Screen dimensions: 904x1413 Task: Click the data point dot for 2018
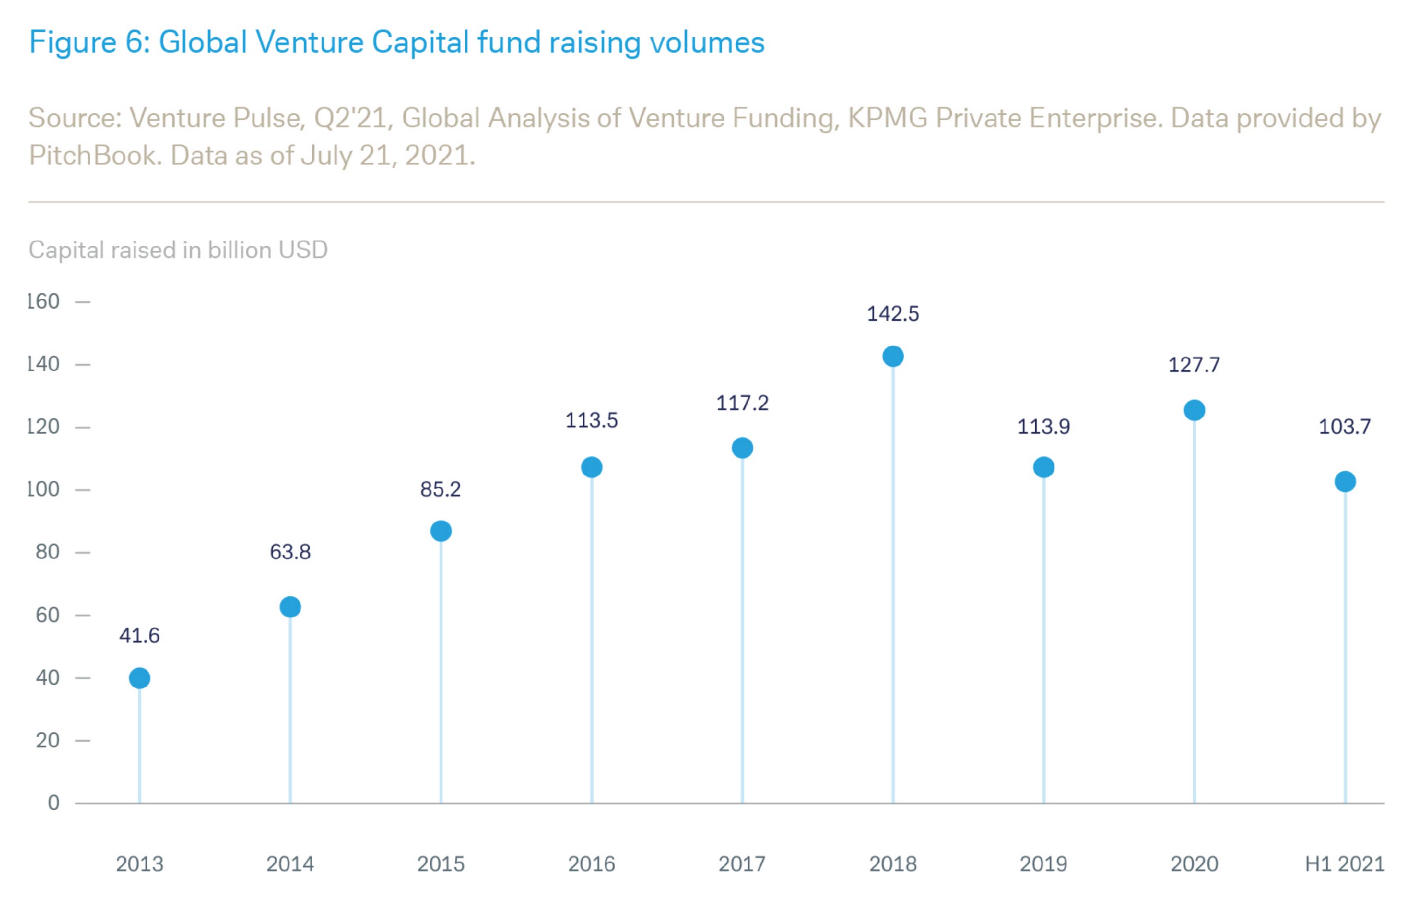pos(893,356)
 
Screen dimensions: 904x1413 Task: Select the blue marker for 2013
pos(139,678)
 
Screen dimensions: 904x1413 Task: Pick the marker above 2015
pos(441,531)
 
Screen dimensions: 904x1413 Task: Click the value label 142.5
pos(893,314)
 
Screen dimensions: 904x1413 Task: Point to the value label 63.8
pos(290,552)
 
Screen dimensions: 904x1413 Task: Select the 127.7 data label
pos(1194,365)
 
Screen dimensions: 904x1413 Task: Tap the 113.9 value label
pos(1043,427)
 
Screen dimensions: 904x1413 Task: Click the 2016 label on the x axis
pos(591,864)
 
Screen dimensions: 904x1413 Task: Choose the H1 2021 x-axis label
pos(1344,864)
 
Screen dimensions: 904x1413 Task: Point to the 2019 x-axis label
pos(1043,864)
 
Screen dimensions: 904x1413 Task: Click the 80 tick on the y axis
pos(48,552)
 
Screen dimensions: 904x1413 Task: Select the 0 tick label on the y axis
pos(53,803)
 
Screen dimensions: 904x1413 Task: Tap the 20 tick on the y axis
pos(48,740)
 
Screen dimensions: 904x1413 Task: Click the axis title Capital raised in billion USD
pos(178,250)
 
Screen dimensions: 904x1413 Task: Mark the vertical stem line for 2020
pos(1194,611)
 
